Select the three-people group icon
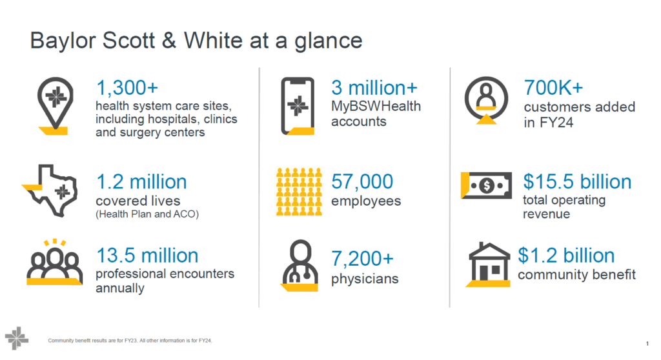tap(54, 263)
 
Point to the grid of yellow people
tap(299, 192)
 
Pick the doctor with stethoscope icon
tap(300, 265)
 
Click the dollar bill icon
tap(487, 185)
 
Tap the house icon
tap(489, 265)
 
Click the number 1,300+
tap(127, 88)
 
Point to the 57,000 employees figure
tap(362, 182)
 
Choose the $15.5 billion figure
tap(577, 182)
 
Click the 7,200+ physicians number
tap(362, 259)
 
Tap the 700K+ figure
tap(553, 88)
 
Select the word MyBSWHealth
tap(376, 106)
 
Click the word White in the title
tap(213, 41)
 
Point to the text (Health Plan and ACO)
tap(147, 214)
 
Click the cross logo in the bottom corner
tap(16, 338)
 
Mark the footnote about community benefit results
tap(130, 341)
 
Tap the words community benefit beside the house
tap(576, 275)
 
